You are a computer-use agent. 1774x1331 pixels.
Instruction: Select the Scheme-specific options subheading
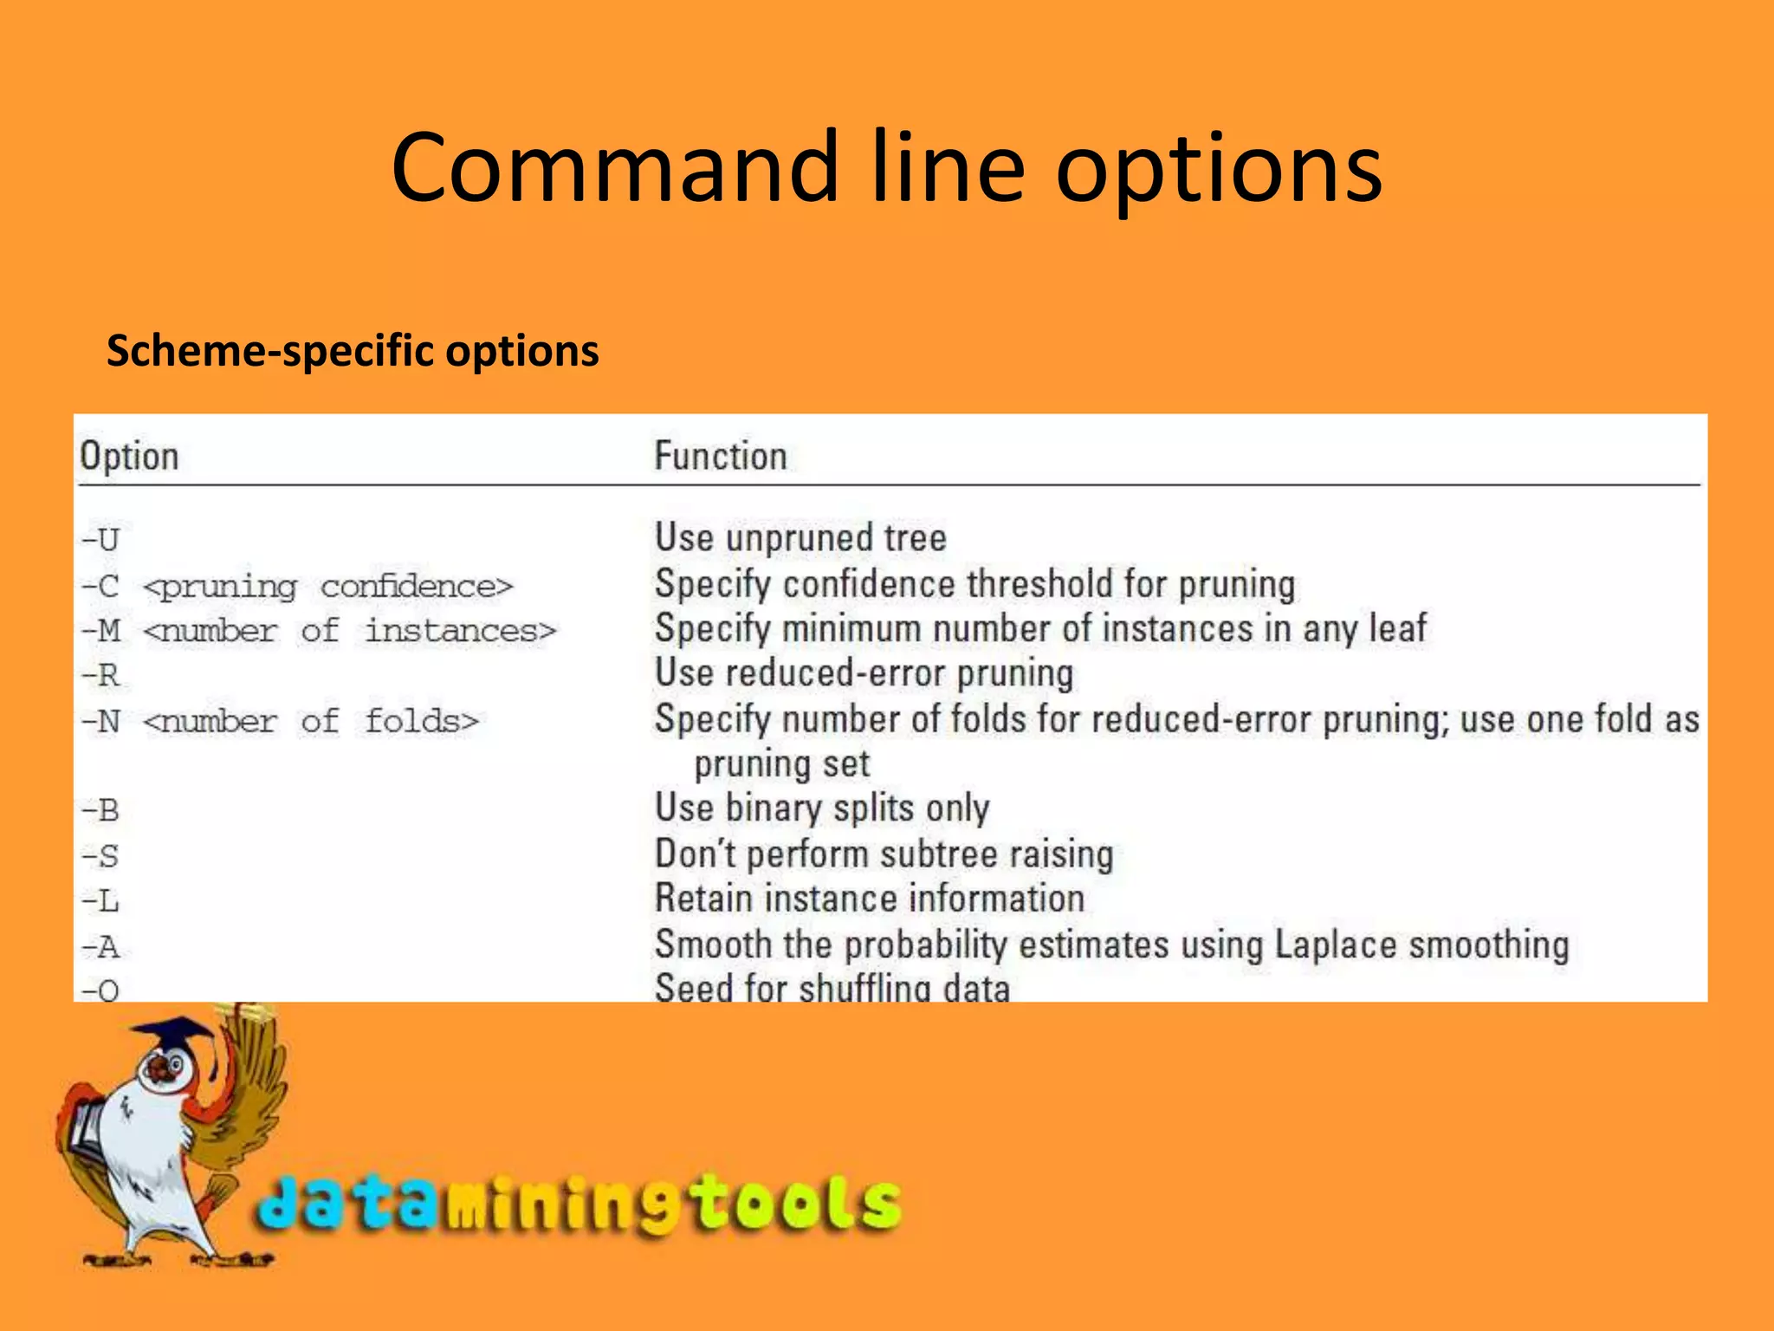click(353, 351)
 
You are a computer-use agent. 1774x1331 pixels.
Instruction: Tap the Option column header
click(129, 456)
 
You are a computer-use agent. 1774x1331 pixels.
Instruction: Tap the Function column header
click(720, 456)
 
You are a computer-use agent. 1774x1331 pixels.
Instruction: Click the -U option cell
click(100, 540)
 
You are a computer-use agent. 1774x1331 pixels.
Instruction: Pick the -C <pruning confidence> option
click(297, 586)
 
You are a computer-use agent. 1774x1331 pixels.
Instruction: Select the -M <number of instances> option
click(318, 631)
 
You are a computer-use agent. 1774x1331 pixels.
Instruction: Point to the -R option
click(100, 675)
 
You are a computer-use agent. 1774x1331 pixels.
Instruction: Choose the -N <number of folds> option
click(279, 721)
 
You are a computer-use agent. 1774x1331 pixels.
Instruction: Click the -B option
click(100, 811)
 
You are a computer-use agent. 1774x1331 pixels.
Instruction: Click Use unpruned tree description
click(800, 538)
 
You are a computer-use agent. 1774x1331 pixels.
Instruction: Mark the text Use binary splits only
click(821, 808)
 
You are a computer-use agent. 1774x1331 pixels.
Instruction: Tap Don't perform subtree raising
click(884, 854)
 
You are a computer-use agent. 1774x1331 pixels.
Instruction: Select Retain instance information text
click(869, 899)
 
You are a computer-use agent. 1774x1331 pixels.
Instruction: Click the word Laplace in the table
click(1335, 945)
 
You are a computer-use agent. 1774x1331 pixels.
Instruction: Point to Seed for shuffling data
click(832, 988)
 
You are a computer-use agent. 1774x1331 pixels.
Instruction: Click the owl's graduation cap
click(178, 1035)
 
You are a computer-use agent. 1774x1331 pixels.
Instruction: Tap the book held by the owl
click(87, 1126)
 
